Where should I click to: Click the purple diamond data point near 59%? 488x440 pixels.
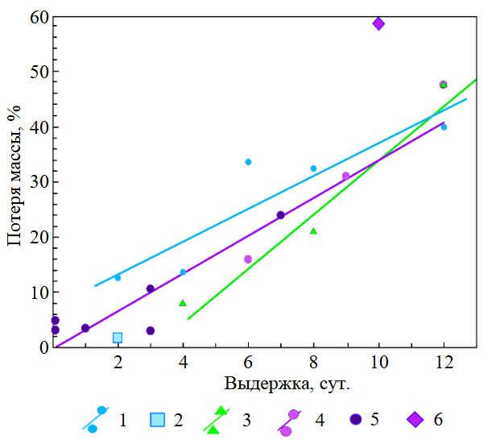point(378,23)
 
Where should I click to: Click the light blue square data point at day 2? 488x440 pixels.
point(118,338)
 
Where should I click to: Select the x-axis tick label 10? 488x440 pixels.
point(378,363)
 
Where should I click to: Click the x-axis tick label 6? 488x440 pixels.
point(248,363)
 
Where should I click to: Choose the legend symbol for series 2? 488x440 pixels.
point(157,419)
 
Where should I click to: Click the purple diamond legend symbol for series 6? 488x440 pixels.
point(415,419)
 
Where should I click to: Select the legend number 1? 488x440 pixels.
point(122,420)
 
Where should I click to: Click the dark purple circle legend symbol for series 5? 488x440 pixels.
point(355,419)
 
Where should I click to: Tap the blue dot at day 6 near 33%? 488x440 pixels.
point(248,162)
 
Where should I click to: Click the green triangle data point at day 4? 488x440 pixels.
point(183,303)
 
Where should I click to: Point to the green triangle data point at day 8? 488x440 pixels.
point(313,231)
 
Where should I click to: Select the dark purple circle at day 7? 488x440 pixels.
point(281,215)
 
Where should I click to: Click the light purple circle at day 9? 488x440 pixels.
point(346,176)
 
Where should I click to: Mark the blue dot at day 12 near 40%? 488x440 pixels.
point(444,127)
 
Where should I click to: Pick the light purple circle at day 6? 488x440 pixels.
point(248,259)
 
